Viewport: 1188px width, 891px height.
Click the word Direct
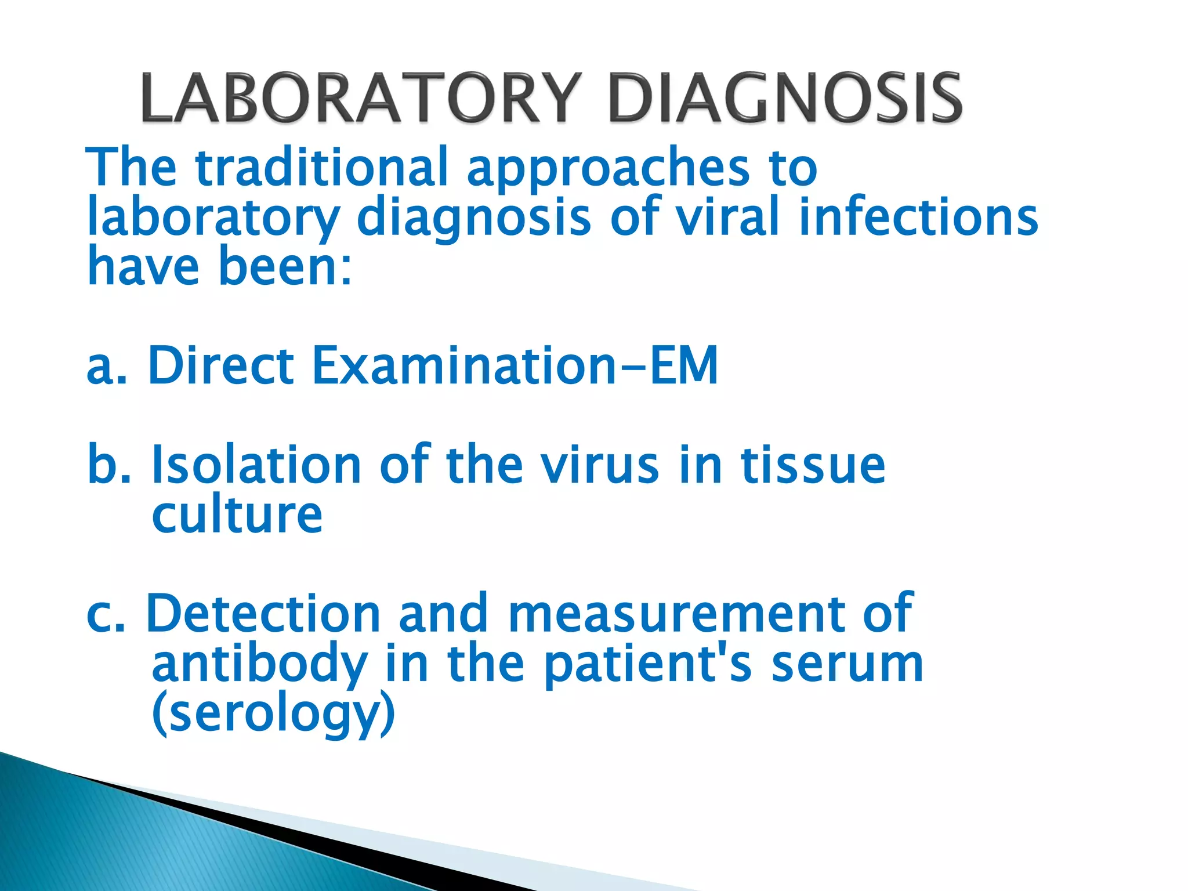tap(221, 365)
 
